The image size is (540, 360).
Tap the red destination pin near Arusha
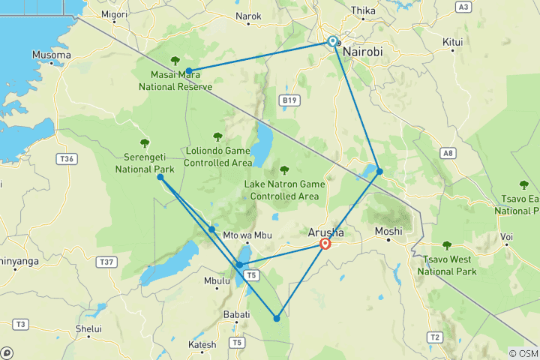coord(325,244)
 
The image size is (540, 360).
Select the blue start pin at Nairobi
coord(332,41)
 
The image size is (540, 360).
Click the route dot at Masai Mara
coord(189,71)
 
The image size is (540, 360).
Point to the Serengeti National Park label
coord(144,163)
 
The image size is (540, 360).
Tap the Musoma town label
coord(52,55)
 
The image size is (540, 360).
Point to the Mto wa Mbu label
coord(247,235)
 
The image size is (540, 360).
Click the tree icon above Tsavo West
coord(447,245)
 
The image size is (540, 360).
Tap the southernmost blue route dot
coord(277,319)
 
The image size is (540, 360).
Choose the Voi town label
coord(508,238)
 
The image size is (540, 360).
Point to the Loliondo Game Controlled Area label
coord(217,155)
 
